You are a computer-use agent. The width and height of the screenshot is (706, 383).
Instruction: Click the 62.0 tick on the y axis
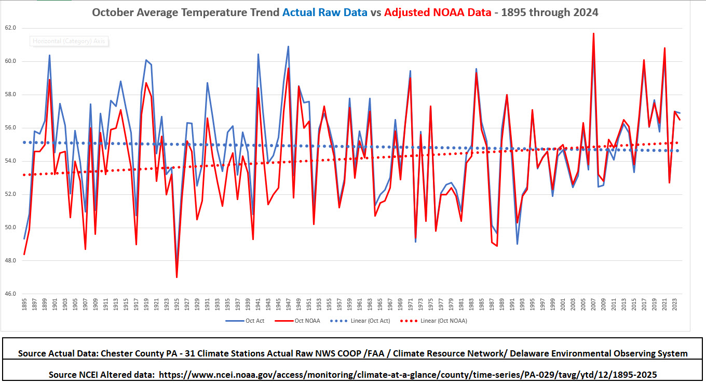tap(10, 28)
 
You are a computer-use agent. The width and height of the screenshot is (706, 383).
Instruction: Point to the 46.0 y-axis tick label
tap(10, 294)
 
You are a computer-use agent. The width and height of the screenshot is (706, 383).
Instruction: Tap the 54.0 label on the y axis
tap(10, 161)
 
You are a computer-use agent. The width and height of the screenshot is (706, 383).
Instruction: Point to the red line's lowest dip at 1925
tap(177, 277)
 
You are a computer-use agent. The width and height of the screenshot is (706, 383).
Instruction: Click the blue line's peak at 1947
tap(289, 46)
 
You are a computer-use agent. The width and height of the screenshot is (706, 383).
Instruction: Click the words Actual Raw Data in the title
tap(325, 12)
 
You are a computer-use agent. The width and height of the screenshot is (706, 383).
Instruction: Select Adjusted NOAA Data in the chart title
tap(438, 12)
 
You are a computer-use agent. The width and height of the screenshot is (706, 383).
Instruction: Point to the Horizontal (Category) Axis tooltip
tap(70, 41)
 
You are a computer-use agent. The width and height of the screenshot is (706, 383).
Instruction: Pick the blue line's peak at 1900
tap(49, 55)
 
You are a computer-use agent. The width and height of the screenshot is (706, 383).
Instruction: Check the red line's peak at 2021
tap(664, 48)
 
